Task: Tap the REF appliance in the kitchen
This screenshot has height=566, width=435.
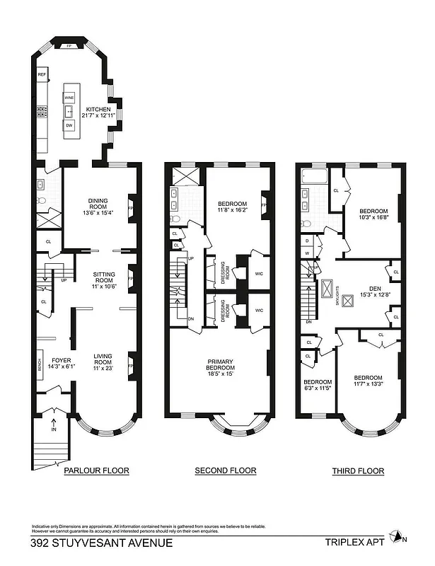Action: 42,74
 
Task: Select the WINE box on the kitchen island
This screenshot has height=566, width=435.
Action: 69,98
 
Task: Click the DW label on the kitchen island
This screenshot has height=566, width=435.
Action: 69,125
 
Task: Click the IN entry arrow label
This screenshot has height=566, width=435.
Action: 54,429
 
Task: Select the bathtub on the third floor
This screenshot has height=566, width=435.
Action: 312,175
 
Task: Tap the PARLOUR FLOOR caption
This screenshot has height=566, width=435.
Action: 96,470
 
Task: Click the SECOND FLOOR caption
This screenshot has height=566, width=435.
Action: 226,470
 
